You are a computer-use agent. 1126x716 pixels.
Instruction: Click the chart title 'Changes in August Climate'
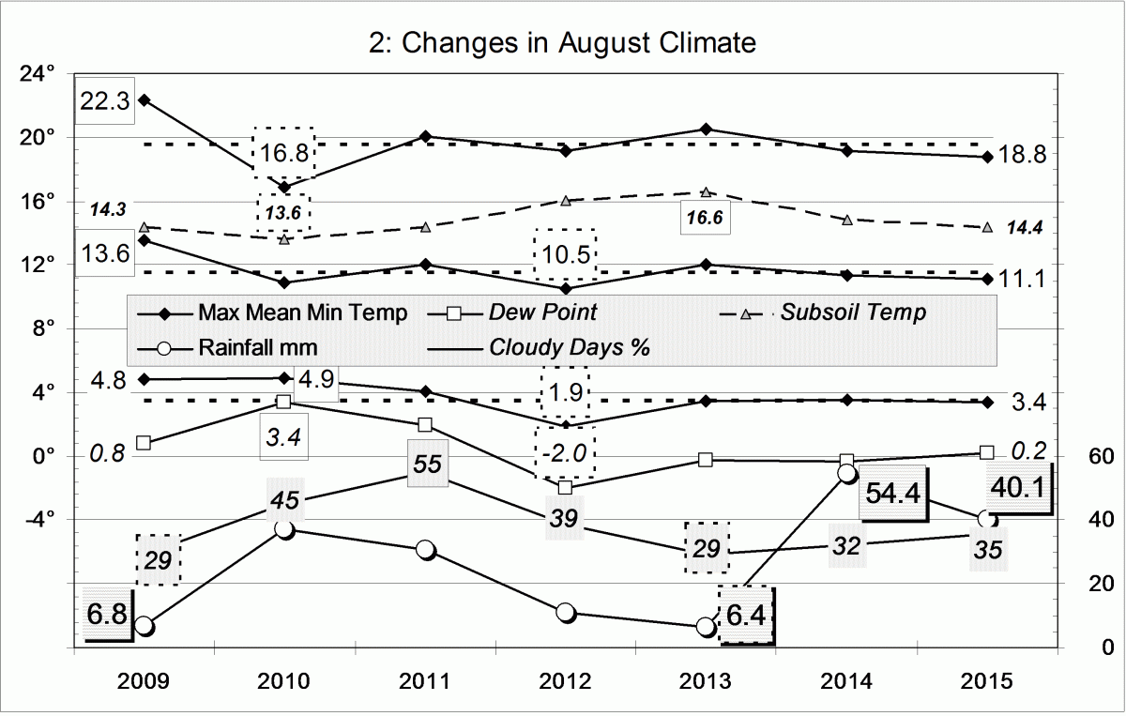(x=562, y=43)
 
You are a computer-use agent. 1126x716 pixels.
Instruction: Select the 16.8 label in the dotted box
(x=285, y=152)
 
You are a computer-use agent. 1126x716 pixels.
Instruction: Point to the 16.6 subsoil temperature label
(x=706, y=218)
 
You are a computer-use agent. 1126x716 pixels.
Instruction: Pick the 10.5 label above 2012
(x=564, y=255)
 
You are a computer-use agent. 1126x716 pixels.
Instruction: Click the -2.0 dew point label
(x=564, y=452)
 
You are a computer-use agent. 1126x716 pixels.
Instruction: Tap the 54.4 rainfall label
(x=892, y=495)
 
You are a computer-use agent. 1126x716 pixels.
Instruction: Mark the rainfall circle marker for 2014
(x=846, y=474)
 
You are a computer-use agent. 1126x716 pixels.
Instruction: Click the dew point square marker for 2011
(x=425, y=425)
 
